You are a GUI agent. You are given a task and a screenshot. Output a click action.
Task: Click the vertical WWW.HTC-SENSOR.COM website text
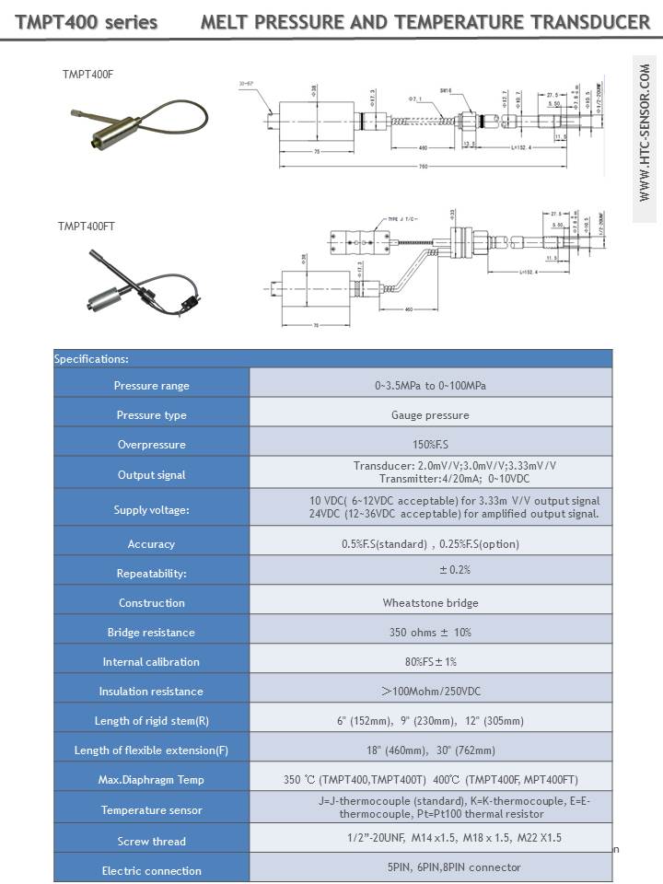click(644, 134)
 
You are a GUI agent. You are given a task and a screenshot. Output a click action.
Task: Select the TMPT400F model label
click(87, 73)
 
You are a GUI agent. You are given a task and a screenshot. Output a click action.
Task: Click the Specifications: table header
click(91, 359)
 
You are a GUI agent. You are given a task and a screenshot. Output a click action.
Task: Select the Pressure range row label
click(151, 386)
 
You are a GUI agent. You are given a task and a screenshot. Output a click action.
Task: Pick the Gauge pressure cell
click(430, 415)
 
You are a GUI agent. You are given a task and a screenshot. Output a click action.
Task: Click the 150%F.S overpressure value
click(430, 445)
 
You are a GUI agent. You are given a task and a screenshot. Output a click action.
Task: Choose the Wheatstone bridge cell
click(430, 603)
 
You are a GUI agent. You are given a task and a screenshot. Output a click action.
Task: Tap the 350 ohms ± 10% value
click(430, 633)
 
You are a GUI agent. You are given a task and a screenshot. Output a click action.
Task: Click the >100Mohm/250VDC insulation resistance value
click(430, 692)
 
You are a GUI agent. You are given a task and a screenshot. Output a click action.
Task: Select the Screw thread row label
click(151, 842)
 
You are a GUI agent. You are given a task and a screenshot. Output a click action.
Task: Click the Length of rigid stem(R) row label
click(151, 721)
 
